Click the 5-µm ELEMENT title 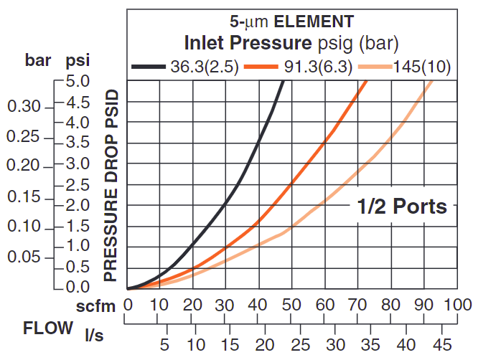tap(291, 21)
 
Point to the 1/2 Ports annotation tap(402, 207)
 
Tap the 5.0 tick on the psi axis tap(75, 81)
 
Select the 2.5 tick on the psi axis tap(75, 184)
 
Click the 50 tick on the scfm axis tap(292, 304)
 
